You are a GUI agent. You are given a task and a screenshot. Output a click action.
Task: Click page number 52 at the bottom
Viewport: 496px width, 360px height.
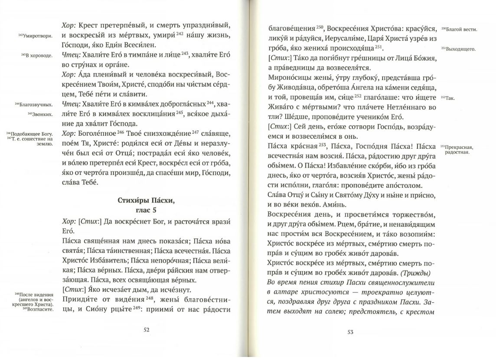pyautogui.click(x=147, y=330)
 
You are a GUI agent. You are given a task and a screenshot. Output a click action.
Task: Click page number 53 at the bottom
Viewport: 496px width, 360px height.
pyautogui.click(x=350, y=332)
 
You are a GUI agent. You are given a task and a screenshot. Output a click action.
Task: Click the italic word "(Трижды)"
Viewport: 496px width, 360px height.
pyautogui.click(x=415, y=273)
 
